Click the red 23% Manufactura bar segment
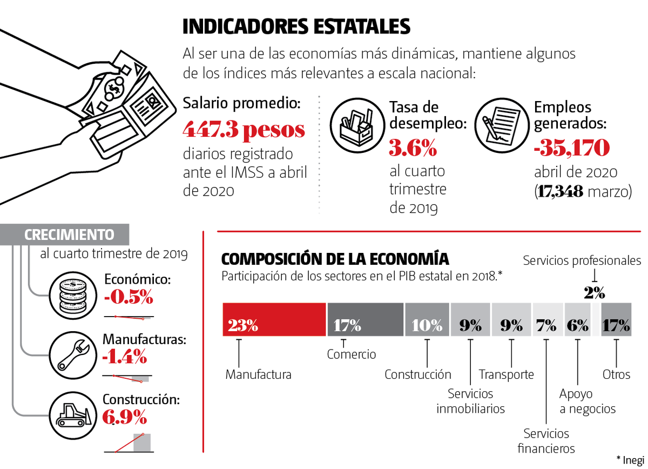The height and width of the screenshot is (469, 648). click(x=274, y=319)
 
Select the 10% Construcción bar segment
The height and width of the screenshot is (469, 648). click(x=427, y=319)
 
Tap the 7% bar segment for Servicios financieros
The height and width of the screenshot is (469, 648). click(x=546, y=319)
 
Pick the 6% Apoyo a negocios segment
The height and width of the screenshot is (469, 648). click(x=577, y=319)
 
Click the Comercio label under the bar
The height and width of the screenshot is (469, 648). click(x=352, y=354)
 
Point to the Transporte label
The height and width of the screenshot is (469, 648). click(x=507, y=374)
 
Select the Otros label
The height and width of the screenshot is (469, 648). click(x=616, y=374)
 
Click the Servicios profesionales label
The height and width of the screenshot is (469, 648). click(x=582, y=260)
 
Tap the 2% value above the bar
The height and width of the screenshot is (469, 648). click(x=594, y=292)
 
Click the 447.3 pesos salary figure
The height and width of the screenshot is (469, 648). click(x=244, y=130)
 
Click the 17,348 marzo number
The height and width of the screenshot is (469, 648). click(x=559, y=191)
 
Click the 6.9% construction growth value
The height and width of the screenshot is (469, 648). click(x=125, y=417)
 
